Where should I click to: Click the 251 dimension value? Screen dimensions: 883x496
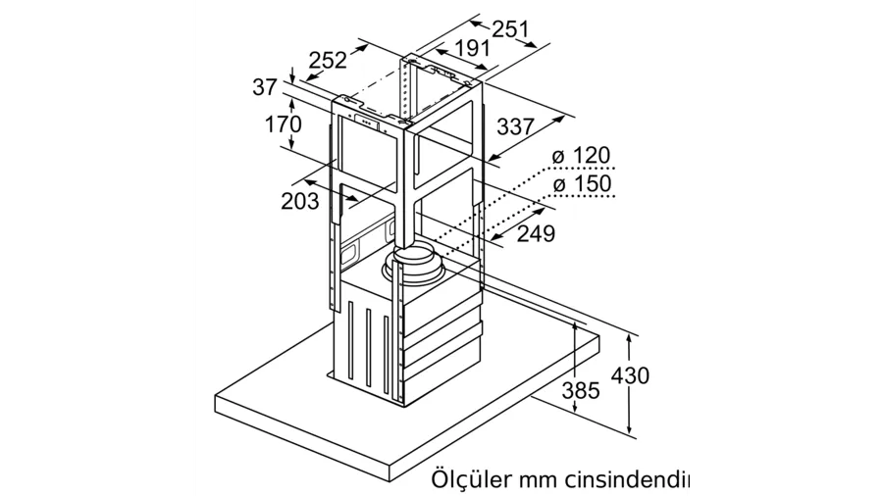[x=511, y=29]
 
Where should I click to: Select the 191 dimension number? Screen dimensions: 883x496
[x=472, y=49]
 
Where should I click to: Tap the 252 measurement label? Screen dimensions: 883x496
[x=329, y=60]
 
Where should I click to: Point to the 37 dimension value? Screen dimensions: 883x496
[x=265, y=86]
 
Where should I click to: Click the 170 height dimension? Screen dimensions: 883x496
[x=284, y=124]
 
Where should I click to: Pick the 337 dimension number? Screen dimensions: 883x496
[x=515, y=127]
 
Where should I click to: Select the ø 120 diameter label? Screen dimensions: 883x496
[x=581, y=156]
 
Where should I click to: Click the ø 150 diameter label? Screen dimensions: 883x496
[x=582, y=184]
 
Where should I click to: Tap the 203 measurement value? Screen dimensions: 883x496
[x=299, y=201]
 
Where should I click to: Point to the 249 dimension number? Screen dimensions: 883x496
[x=536, y=233]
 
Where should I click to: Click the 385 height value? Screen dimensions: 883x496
[x=581, y=390]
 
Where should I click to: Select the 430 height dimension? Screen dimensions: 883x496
[x=630, y=375]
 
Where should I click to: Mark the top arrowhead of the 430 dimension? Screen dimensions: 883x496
[x=630, y=340]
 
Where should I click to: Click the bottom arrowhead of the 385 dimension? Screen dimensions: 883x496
[x=574, y=407]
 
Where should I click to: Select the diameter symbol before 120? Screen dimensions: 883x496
[x=558, y=156]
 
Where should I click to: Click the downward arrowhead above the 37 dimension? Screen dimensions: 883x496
[x=292, y=77]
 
